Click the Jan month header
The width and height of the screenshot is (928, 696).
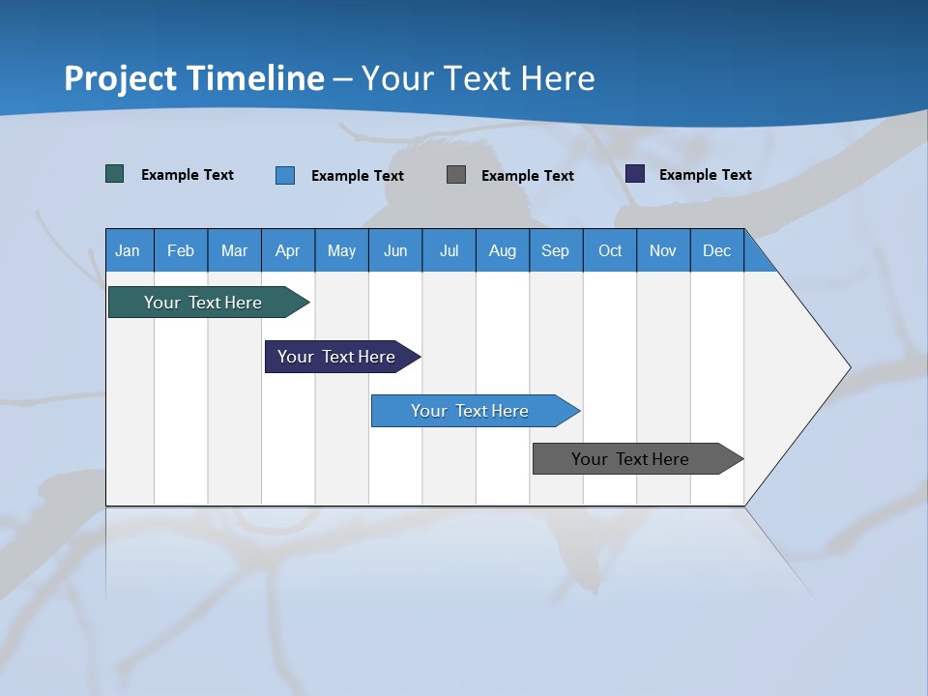pos(128,250)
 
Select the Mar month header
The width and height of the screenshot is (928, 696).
pos(234,250)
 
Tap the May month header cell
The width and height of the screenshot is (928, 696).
pos(341,250)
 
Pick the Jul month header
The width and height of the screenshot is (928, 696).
pos(449,250)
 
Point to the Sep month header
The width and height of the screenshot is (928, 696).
pos(555,250)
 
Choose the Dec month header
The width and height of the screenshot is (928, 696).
pos(716,250)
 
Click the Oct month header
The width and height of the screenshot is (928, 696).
pos(610,250)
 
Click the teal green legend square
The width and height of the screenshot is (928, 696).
pos(115,174)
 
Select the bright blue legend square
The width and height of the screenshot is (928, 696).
pos(285,175)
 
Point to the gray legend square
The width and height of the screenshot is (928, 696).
pos(456,174)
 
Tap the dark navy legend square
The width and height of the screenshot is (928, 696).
pos(635,174)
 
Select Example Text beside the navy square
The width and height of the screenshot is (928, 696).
pos(705,175)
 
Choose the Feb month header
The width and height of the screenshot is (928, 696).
pos(181,250)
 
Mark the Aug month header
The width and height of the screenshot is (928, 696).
pos(503,250)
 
